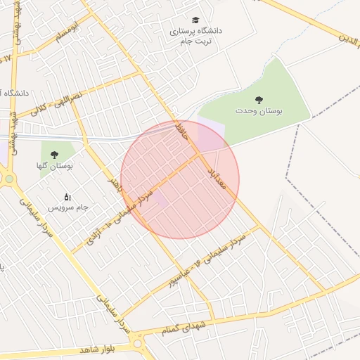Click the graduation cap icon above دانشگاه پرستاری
[195, 20]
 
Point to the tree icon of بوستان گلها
[54, 154]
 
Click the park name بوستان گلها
[54, 166]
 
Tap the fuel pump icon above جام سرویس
[67, 196]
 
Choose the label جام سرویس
[67, 208]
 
